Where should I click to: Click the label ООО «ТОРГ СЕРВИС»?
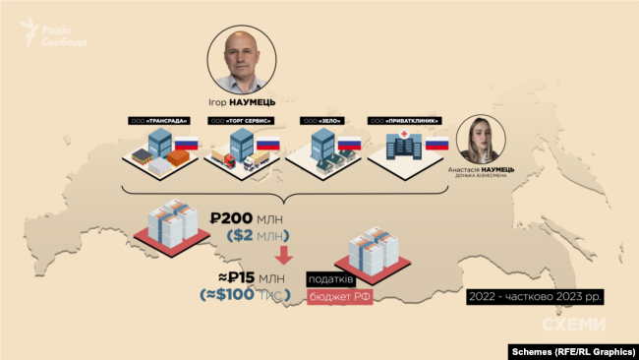pos(241,120)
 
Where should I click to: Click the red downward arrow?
pos(284,256)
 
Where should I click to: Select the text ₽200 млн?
pos(246,215)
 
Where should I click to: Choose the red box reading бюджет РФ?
pos(340,296)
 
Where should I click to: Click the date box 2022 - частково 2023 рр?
pos(537,295)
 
